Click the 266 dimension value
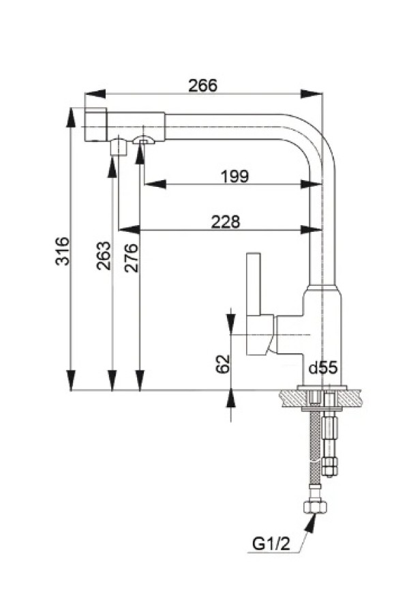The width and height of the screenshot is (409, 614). click(x=202, y=85)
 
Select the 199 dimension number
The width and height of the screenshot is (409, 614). click(x=234, y=176)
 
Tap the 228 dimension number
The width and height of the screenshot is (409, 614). click(x=226, y=222)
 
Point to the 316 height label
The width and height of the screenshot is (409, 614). click(x=62, y=251)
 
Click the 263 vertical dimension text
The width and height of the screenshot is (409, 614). click(x=104, y=256)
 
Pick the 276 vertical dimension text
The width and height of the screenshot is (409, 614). click(x=131, y=257)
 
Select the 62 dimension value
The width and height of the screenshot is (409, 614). click(x=222, y=364)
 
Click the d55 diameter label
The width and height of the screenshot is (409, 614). click(x=323, y=368)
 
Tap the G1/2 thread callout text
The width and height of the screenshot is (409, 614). click(x=271, y=544)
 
